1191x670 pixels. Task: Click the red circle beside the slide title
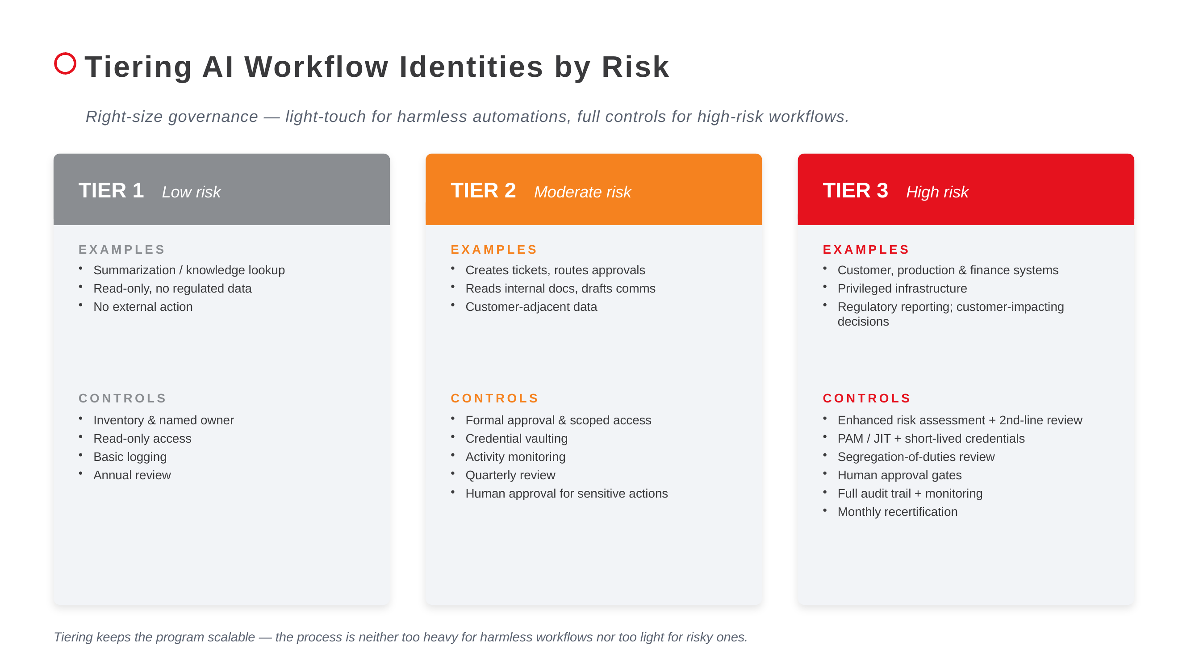pyautogui.click(x=65, y=63)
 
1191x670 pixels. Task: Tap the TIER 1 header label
pyautogui.click(x=111, y=191)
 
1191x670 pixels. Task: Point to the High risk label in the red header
pyautogui.click(x=937, y=192)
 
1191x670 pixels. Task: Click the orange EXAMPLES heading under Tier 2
pyautogui.click(x=494, y=250)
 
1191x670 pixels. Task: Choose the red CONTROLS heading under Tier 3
pyautogui.click(x=866, y=398)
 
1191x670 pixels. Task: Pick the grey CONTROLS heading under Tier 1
pyautogui.click(x=122, y=398)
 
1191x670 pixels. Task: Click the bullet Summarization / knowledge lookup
pyautogui.click(x=188, y=270)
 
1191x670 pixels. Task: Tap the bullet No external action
pyautogui.click(x=143, y=306)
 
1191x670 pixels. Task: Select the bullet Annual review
pyautogui.click(x=132, y=475)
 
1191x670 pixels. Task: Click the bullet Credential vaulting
pyautogui.click(x=516, y=438)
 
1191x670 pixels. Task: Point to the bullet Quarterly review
pyautogui.click(x=510, y=475)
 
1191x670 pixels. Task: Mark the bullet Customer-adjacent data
pyautogui.click(x=531, y=306)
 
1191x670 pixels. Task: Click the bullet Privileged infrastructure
pyautogui.click(x=902, y=289)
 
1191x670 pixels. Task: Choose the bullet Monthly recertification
pyautogui.click(x=897, y=512)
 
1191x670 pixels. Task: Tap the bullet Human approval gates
pyautogui.click(x=899, y=475)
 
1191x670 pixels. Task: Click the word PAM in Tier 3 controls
pyautogui.click(x=850, y=438)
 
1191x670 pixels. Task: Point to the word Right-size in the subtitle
pyautogui.click(x=125, y=117)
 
